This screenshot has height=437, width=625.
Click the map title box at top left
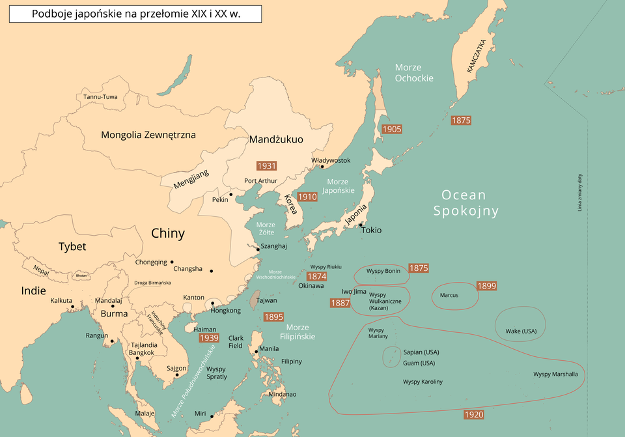(135, 14)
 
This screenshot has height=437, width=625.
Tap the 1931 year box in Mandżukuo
(266, 165)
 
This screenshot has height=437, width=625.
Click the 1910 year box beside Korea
(307, 197)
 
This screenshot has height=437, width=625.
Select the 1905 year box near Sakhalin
(391, 129)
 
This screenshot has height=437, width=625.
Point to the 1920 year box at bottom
(473, 415)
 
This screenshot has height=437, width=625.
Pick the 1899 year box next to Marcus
(486, 286)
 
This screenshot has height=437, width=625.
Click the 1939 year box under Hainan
(208, 338)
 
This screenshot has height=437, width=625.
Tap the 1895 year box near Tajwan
(273, 317)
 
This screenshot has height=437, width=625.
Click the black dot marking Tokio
(360, 225)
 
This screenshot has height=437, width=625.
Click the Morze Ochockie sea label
(414, 73)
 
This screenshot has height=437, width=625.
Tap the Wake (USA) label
(521, 331)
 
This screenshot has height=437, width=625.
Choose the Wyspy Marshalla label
(555, 374)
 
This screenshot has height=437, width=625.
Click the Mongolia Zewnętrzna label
(148, 135)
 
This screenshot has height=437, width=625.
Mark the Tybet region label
(72, 246)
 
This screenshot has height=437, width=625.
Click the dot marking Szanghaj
(257, 249)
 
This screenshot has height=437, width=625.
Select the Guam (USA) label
(419, 363)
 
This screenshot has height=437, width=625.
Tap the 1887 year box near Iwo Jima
(340, 303)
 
